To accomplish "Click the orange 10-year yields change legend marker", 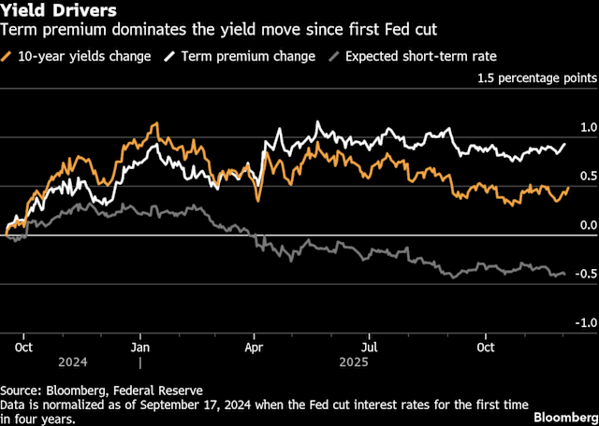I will (x=8, y=56).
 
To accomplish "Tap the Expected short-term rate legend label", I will (x=420, y=56).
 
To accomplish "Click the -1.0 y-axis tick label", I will (x=583, y=322).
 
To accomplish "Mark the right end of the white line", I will (x=565, y=145).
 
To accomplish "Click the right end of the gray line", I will (x=564, y=274).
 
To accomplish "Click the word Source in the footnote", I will (x=21, y=390).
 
